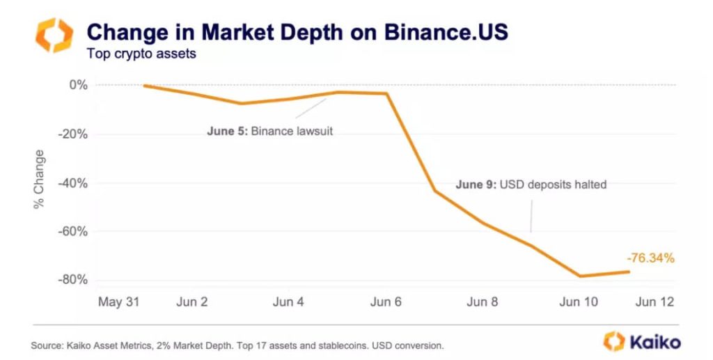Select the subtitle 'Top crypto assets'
141,53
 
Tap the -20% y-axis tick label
73,134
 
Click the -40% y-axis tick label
73,183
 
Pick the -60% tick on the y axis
73,231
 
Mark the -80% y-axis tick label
73,280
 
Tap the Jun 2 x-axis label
191,302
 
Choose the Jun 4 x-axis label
288,302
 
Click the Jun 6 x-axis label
385,302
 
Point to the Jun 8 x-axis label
482,302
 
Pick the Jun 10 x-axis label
578,302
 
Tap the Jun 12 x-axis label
655,302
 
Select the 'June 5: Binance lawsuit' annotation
270,131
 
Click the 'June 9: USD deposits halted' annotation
531,185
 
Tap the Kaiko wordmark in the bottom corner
655,342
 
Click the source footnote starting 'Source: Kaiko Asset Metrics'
237,345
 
